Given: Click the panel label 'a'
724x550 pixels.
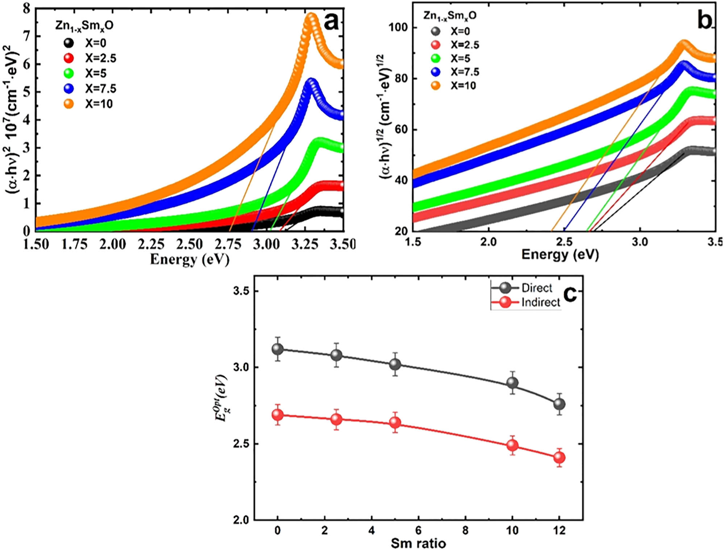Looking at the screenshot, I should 331,21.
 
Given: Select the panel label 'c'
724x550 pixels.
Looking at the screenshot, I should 570,294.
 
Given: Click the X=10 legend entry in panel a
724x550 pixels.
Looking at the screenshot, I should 89,104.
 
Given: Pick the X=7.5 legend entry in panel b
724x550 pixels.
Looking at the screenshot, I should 455,72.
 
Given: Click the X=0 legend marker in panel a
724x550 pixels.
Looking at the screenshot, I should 68,43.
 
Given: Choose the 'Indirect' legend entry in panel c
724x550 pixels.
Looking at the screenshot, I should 525,302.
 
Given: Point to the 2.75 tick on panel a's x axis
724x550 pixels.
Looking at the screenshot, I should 228,244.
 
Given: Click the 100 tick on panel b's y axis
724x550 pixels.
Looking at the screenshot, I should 398,27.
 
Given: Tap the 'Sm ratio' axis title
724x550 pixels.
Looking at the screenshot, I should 418,543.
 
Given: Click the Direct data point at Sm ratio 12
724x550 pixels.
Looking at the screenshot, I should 559,404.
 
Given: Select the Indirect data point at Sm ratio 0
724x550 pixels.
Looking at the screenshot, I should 278,415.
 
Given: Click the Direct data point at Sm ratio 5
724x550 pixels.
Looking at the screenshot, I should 395,364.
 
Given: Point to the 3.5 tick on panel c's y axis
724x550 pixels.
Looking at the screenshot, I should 241,291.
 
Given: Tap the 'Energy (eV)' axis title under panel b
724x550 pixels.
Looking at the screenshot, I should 560,255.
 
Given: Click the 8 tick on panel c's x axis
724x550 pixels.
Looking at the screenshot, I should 465,530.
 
